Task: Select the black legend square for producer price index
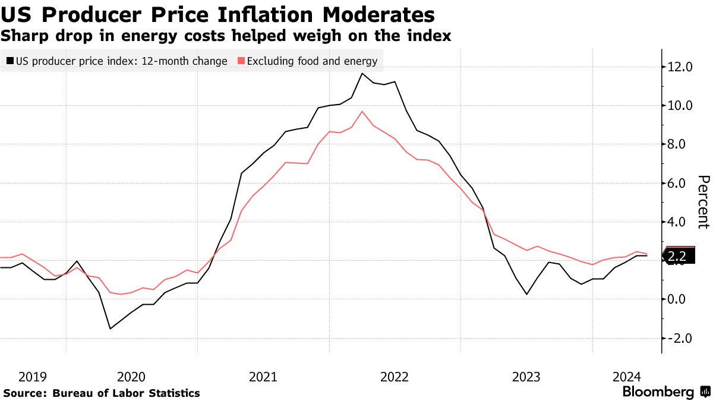[10, 61]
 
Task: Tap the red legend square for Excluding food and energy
[241, 61]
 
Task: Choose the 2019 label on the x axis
[32, 377]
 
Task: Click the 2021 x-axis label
[263, 377]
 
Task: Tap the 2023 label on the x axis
[526, 377]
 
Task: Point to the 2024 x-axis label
[626, 377]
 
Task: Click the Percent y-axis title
[703, 202]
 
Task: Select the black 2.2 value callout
[677, 257]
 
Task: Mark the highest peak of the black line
[362, 74]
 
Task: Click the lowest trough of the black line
[110, 329]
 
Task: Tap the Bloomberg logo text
[658, 392]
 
